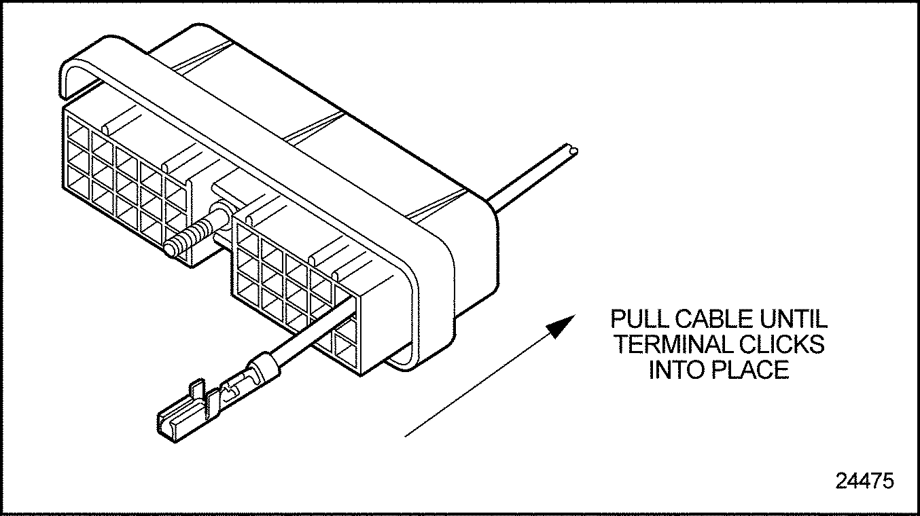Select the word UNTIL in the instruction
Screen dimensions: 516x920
pos(794,319)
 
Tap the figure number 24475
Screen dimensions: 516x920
pos(864,481)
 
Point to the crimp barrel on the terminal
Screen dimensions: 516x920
pos(262,372)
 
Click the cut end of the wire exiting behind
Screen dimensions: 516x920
pos(573,149)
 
